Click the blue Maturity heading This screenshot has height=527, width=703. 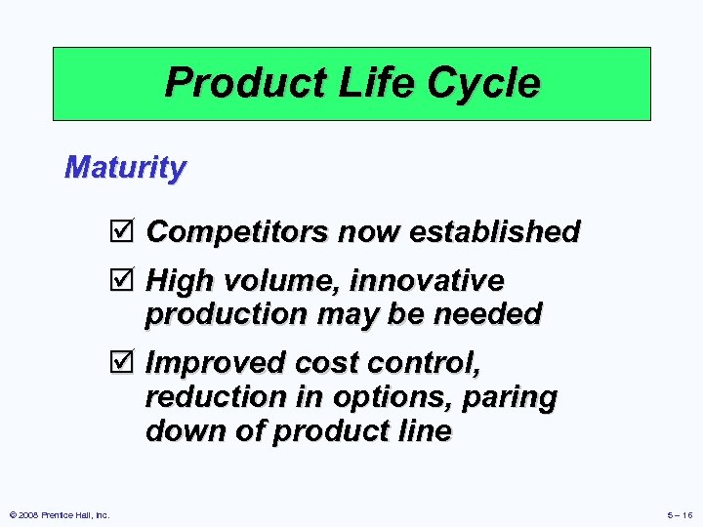(x=124, y=168)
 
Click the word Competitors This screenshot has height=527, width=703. (x=237, y=232)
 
